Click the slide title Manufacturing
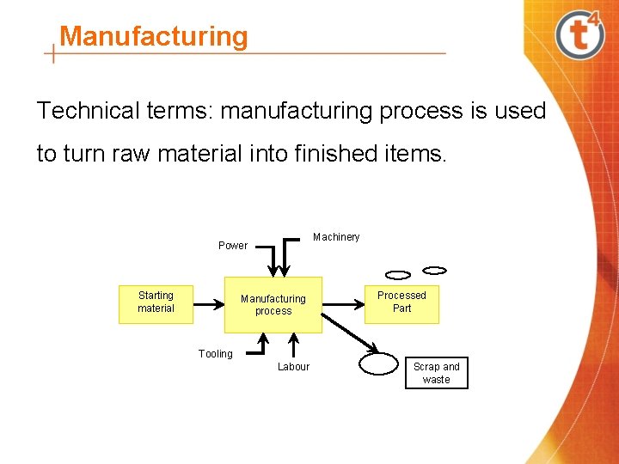pyautogui.click(x=154, y=36)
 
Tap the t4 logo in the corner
pyautogui.click(x=579, y=34)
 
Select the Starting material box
pyautogui.click(x=156, y=302)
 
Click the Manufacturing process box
pyautogui.click(x=273, y=304)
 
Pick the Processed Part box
pyautogui.click(x=401, y=302)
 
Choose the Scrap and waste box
pyautogui.click(x=437, y=373)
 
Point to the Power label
pyautogui.click(x=232, y=246)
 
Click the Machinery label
pyautogui.click(x=336, y=237)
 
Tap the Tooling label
pyautogui.click(x=215, y=354)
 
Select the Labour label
pyautogui.click(x=293, y=367)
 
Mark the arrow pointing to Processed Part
pyautogui.click(x=343, y=302)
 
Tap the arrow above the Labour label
pyautogui.click(x=293, y=345)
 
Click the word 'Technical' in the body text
pyautogui.click(x=87, y=111)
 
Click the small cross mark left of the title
pyautogui.click(x=54, y=54)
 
